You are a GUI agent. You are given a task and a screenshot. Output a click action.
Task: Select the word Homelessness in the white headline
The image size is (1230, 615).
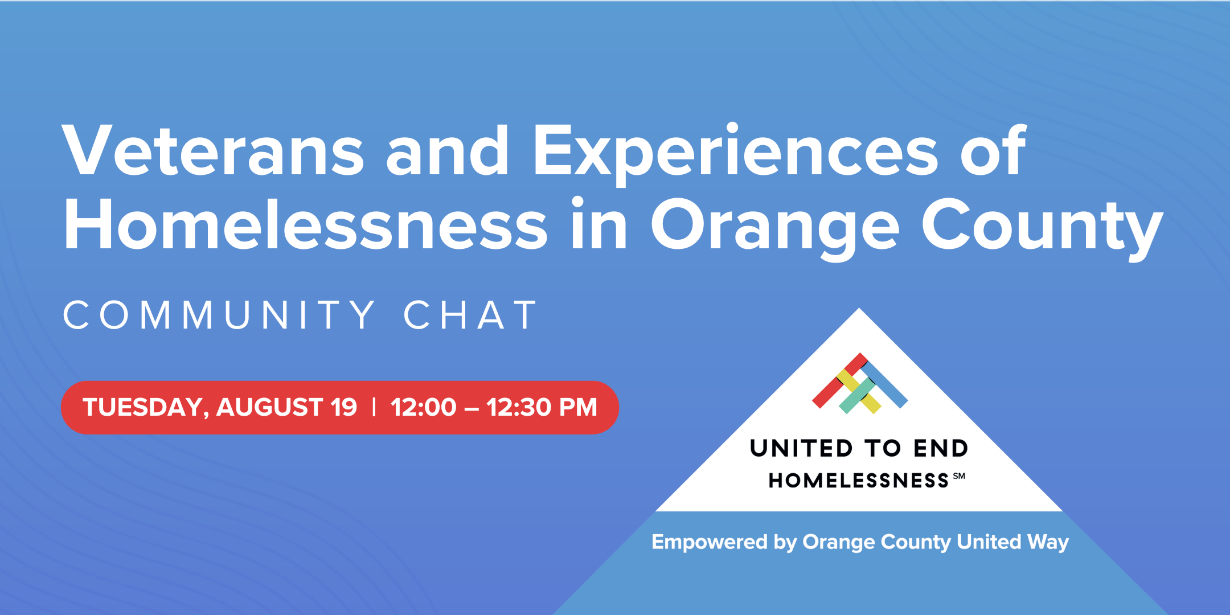click(x=305, y=224)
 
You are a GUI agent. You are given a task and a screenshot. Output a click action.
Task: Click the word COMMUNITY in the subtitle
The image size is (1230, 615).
click(x=219, y=315)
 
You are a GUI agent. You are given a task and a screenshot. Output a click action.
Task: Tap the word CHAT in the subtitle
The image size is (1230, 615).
click(x=470, y=315)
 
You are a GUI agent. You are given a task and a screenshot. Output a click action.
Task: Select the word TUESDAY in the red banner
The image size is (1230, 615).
click(x=146, y=408)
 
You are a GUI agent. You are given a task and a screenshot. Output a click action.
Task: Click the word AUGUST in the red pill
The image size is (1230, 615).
click(x=270, y=407)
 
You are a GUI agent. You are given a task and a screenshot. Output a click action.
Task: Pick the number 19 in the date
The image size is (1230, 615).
click(x=344, y=407)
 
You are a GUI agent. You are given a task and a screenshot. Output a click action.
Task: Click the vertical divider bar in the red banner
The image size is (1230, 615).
click(x=374, y=407)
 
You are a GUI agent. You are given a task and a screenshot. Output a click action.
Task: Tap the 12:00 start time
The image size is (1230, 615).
click(x=424, y=407)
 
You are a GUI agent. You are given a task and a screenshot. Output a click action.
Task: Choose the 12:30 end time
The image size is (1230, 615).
click(x=519, y=407)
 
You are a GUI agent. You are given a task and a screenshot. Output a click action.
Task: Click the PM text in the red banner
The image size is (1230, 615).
click(x=578, y=407)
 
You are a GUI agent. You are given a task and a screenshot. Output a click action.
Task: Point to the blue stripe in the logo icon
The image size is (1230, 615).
click(x=884, y=385)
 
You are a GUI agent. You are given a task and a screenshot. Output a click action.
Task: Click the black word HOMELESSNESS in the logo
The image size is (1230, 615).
click(x=859, y=481)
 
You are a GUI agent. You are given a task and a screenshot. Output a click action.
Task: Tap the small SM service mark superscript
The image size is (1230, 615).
click(x=959, y=476)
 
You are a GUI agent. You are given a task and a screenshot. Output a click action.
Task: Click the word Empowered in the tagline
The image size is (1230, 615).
click(x=710, y=542)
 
